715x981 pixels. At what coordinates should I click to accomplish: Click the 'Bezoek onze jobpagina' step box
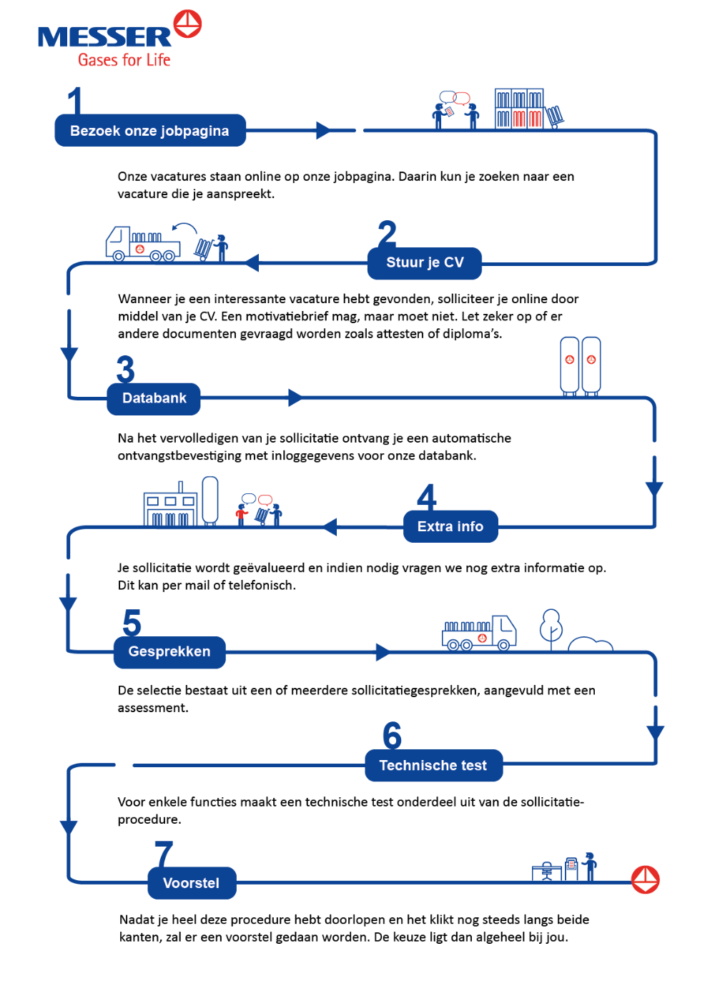pyautogui.click(x=150, y=131)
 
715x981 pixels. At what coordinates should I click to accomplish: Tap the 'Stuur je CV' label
pyautogui.click(x=425, y=262)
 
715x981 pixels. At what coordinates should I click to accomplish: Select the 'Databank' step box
pyautogui.click(x=154, y=398)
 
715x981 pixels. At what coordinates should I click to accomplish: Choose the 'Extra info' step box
pyautogui.click(x=450, y=526)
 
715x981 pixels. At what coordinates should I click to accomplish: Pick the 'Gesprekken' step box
pyautogui.click(x=169, y=652)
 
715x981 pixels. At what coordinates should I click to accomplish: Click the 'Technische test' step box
pyautogui.click(x=433, y=765)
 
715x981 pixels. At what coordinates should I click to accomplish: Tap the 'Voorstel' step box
pyautogui.click(x=192, y=883)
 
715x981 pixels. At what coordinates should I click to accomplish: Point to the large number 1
pyautogui.click(x=75, y=101)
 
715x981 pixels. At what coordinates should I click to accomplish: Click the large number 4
pyautogui.click(x=427, y=496)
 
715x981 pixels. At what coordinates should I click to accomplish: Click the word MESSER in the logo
pyautogui.click(x=104, y=36)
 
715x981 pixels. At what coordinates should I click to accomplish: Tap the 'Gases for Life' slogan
pyautogui.click(x=124, y=59)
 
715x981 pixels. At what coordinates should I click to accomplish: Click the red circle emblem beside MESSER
pyautogui.click(x=187, y=24)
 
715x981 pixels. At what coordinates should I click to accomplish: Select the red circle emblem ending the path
pyautogui.click(x=645, y=879)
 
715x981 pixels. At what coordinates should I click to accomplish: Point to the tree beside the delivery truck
pyautogui.click(x=551, y=627)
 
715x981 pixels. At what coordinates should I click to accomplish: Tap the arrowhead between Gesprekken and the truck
pyautogui.click(x=383, y=652)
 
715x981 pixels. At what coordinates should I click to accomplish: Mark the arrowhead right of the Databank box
pyautogui.click(x=295, y=398)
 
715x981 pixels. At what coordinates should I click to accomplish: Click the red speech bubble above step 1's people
pyautogui.click(x=462, y=98)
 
